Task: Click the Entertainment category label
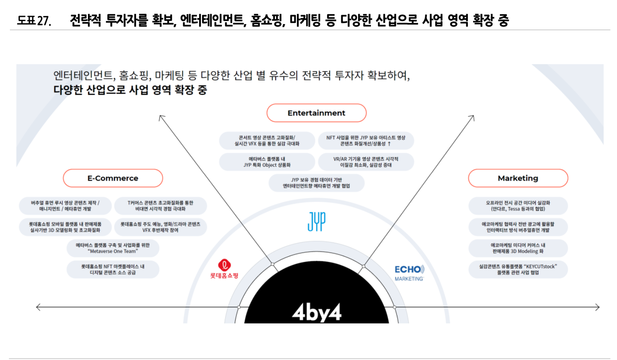pos(316,113)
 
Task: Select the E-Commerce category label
pos(113,178)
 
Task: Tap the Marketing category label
pos(518,178)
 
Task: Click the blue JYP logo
pos(316,221)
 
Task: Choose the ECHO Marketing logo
pos(409,273)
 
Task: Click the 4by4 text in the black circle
pos(316,313)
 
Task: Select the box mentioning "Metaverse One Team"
pos(113,248)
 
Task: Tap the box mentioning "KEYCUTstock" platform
pos(518,270)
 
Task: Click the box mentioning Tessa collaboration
pos(518,206)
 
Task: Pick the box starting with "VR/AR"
pos(366,161)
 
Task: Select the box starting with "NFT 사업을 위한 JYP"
pos(366,141)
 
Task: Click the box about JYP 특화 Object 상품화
pos(267,161)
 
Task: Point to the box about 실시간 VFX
pos(267,141)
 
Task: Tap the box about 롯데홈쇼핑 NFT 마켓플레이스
pos(113,270)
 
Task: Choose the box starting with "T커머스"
pos(160,206)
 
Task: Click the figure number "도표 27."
pos(34,21)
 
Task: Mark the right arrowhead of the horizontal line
pos(598,307)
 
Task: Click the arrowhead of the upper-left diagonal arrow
pos(160,116)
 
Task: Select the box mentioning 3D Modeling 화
pos(518,248)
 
